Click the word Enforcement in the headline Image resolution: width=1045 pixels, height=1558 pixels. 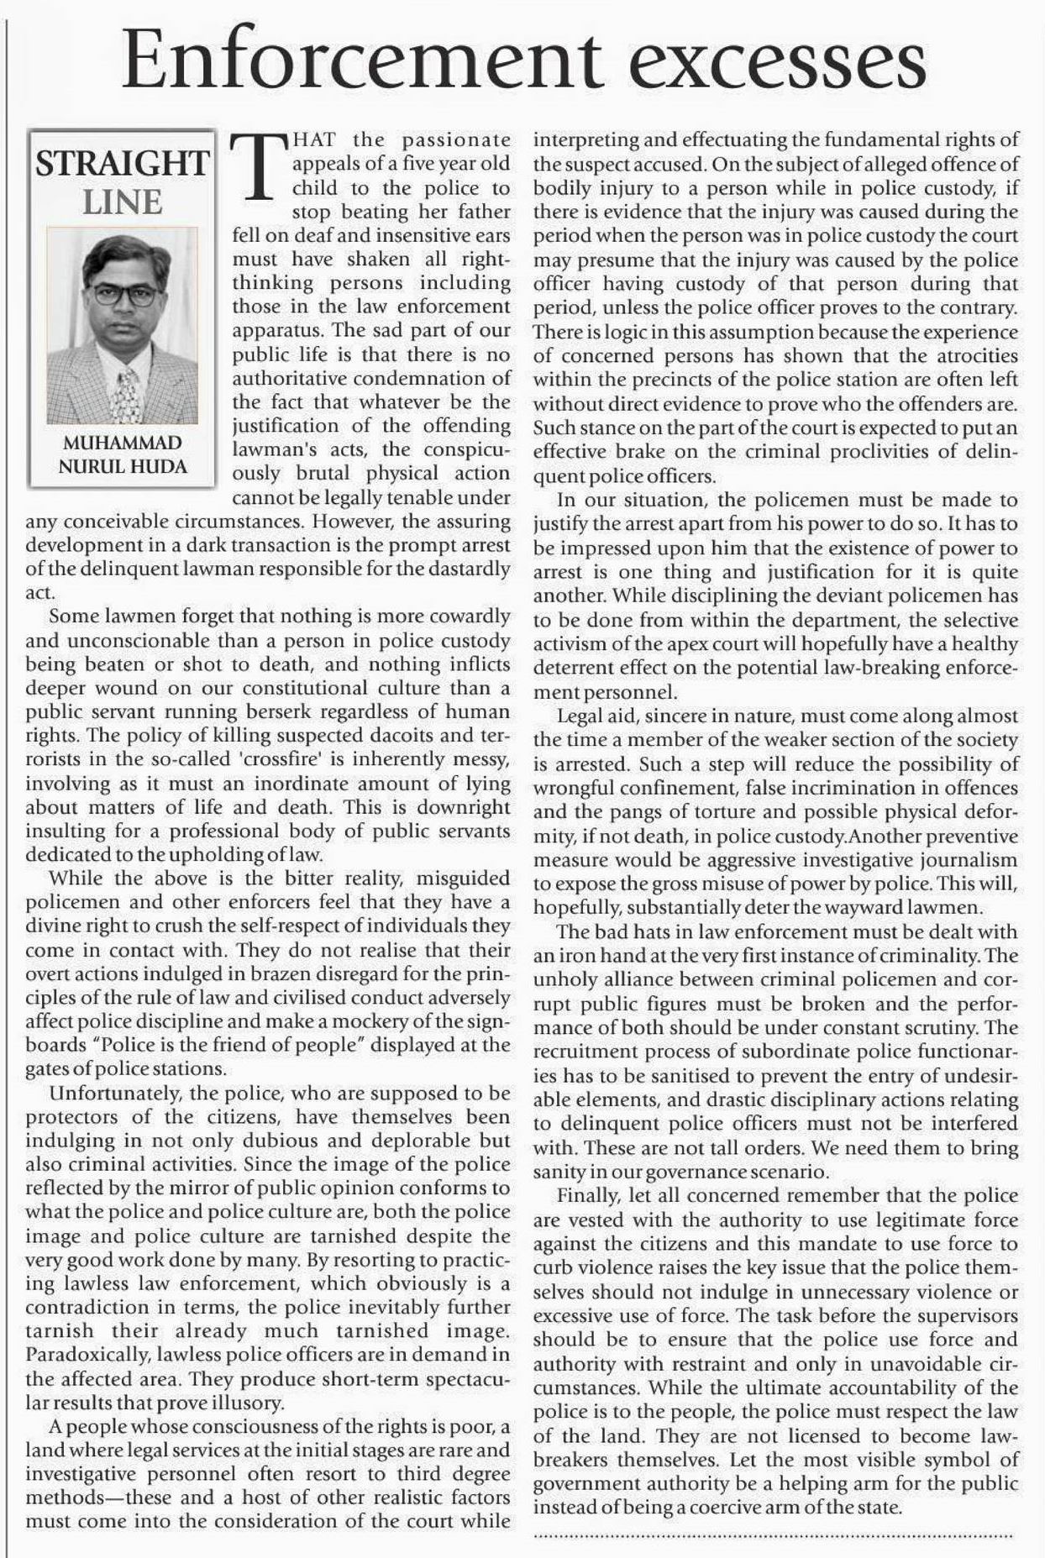(x=362, y=61)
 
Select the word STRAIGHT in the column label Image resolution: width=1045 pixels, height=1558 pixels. (x=122, y=163)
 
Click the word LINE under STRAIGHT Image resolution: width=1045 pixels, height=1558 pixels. (x=122, y=202)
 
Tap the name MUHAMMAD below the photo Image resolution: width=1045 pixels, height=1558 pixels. (x=123, y=443)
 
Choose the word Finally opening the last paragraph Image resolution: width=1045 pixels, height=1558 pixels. (x=586, y=1195)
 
